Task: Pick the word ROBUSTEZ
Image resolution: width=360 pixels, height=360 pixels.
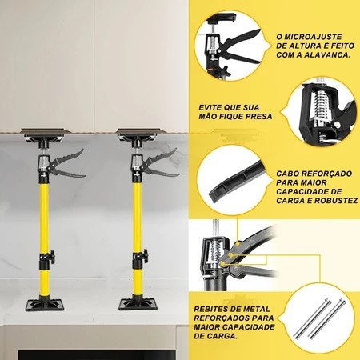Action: point(336,201)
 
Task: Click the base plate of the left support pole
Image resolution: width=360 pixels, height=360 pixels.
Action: point(45,305)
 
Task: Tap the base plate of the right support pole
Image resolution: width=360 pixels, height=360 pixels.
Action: point(138,304)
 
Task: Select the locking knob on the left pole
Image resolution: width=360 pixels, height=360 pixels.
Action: point(52,256)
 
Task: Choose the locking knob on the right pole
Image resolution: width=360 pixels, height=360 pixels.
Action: point(145,255)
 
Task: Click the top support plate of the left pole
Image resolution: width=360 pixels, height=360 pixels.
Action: point(45,131)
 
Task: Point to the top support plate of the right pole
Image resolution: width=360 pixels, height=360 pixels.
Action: point(141,130)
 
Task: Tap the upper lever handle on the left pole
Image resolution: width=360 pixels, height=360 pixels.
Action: point(69,157)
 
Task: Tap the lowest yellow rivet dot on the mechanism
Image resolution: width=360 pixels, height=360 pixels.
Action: point(222,264)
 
